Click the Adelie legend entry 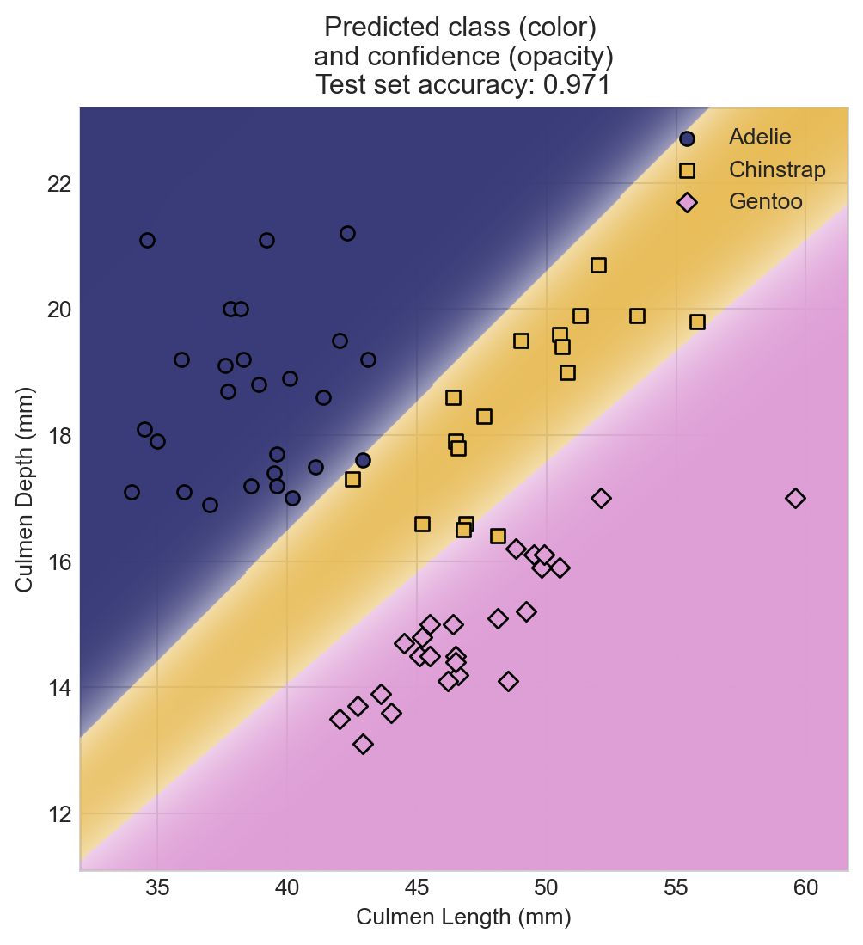coord(759,137)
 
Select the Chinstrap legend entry coord(776,169)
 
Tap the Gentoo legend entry coord(765,202)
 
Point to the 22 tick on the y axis coord(60,184)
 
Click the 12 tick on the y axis coord(60,814)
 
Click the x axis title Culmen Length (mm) coord(463,918)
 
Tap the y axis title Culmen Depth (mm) coord(25,488)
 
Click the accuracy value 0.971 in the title coord(577,84)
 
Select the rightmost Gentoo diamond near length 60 coord(795,498)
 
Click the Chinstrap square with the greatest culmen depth coord(598,265)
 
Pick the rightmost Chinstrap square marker coord(697,322)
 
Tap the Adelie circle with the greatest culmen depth coord(347,233)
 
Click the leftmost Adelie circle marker coord(132,492)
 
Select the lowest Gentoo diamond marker coord(363,744)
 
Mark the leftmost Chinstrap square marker coord(352,479)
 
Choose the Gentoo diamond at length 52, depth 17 coord(601,498)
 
